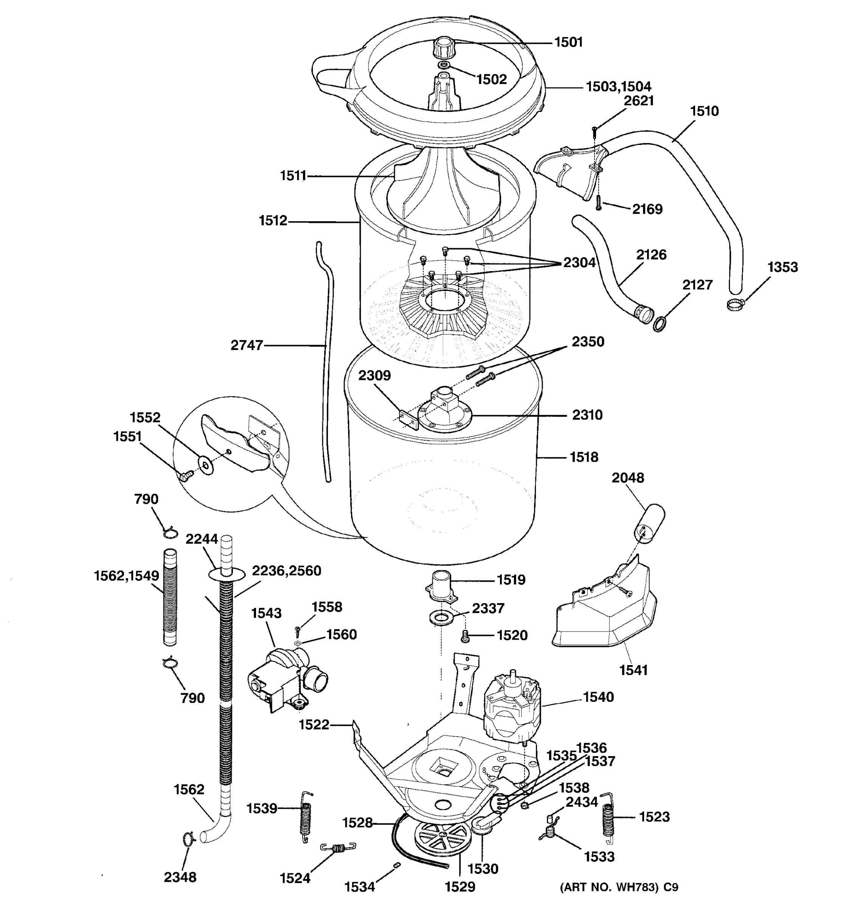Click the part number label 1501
(x=568, y=42)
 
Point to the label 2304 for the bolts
(x=579, y=263)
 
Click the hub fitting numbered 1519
(x=441, y=586)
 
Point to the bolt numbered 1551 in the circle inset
(x=185, y=476)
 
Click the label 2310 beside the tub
(x=587, y=415)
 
